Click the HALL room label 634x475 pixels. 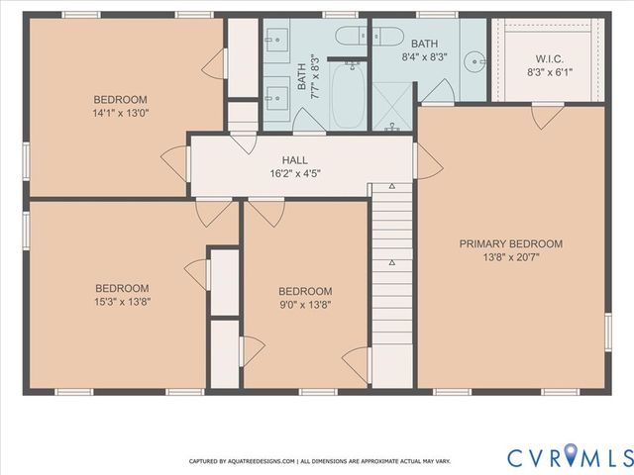pyautogui.click(x=294, y=159)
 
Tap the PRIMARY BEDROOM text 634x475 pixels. pyautogui.click(x=510, y=243)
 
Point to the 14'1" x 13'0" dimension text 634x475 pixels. pyautogui.click(x=121, y=114)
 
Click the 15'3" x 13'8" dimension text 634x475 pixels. pyautogui.click(x=121, y=302)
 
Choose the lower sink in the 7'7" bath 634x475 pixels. pyautogui.click(x=275, y=97)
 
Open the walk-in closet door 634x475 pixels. pyautogui.click(x=547, y=117)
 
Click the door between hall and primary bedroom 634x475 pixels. pyautogui.click(x=426, y=160)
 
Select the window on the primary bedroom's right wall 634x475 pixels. pyautogui.click(x=607, y=332)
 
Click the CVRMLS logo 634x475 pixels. pyautogui.click(x=569, y=457)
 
